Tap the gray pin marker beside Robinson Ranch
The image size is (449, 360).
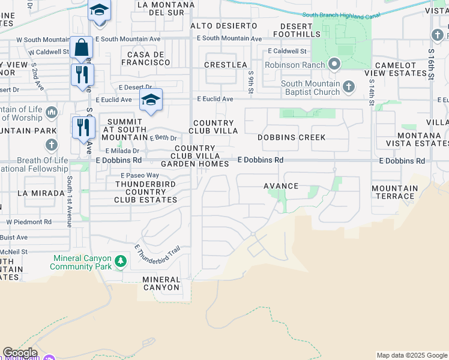pos(334,64)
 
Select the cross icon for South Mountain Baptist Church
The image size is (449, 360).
pos(349,88)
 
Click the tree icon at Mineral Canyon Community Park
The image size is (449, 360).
pos(121,261)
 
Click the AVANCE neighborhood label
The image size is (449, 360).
pos(281,186)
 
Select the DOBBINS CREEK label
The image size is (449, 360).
pos(292,137)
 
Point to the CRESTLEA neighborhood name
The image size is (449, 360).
pos(226,65)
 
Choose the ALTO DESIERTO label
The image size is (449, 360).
pos(224,26)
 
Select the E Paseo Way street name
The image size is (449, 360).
pos(134,175)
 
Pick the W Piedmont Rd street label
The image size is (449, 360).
pos(29,221)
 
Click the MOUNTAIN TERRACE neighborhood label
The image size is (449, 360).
pos(394,192)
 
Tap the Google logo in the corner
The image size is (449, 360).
pos(20,353)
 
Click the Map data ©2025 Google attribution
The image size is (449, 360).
pos(411,355)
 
